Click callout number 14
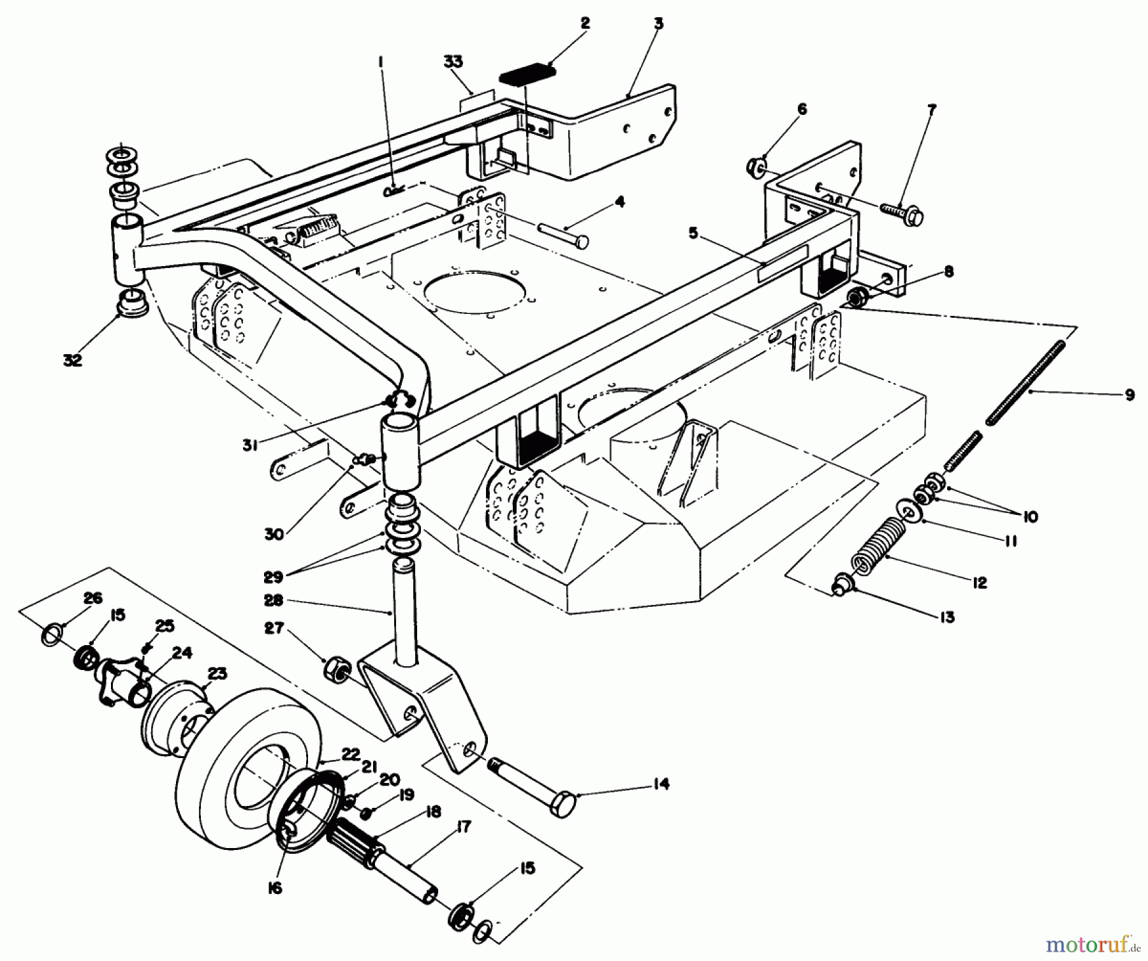pos(661,784)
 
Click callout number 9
pos(1130,395)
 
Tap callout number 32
pos(73,360)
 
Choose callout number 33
pos(453,62)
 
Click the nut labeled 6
pos(755,168)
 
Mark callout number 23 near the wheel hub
pos(217,674)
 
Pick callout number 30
pos(274,533)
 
